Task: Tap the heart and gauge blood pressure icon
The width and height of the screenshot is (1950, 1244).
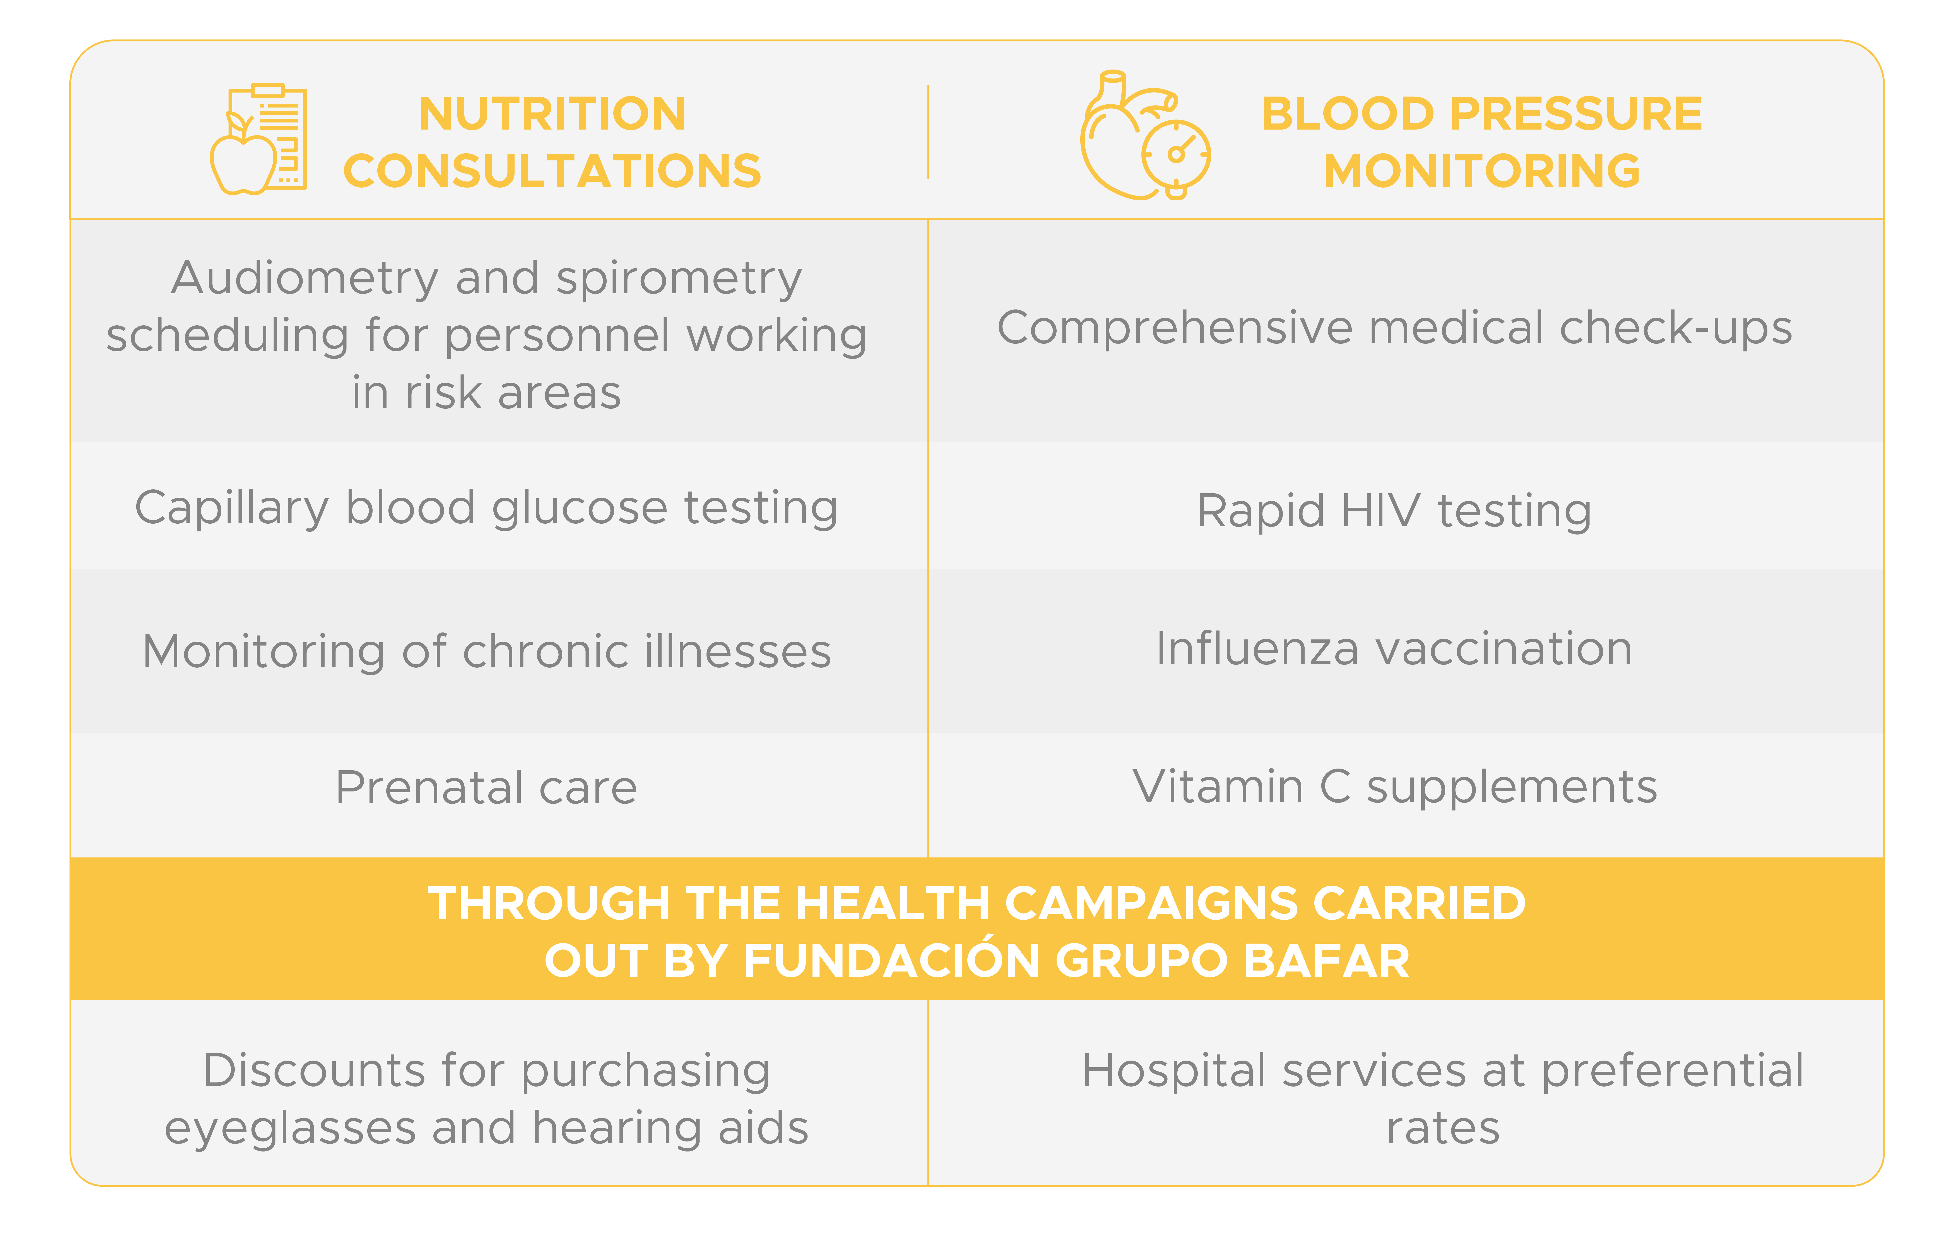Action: click(x=1145, y=135)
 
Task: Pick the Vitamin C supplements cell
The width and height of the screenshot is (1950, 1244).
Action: click(x=1394, y=787)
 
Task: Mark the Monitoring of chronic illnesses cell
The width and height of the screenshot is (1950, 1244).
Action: click(x=487, y=651)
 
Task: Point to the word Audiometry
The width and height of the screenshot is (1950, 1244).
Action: click(x=304, y=279)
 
